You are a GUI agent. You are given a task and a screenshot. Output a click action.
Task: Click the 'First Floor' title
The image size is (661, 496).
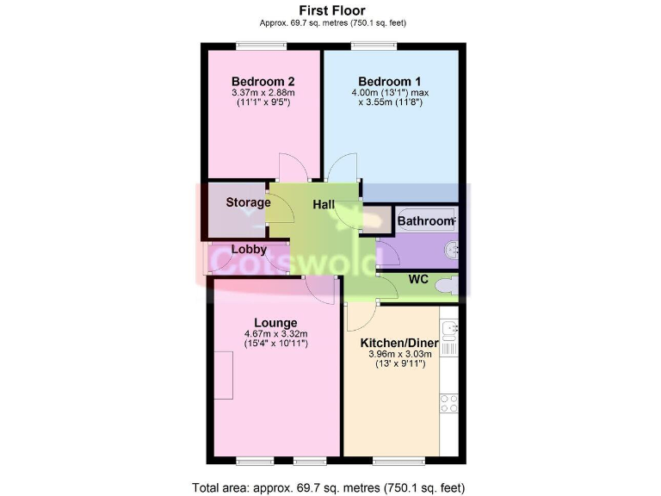331,9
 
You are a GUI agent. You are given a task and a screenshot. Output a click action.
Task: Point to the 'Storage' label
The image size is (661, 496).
248,203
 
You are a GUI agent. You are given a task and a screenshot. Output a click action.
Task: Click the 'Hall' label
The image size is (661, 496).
324,204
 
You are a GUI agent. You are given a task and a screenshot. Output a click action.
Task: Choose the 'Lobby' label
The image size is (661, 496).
248,250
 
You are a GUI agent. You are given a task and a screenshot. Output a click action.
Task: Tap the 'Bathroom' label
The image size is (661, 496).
424,221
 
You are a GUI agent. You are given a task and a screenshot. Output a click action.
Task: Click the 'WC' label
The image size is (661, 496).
418,279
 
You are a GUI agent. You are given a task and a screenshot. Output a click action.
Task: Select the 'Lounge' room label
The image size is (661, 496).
275,323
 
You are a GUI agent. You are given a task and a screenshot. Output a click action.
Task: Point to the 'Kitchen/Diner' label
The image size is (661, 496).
398,343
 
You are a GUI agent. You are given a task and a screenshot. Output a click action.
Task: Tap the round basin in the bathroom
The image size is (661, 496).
450,251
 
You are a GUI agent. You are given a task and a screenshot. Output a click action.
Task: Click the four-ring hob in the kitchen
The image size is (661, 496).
448,403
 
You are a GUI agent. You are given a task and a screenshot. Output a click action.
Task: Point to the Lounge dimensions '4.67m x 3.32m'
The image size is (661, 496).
275,335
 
